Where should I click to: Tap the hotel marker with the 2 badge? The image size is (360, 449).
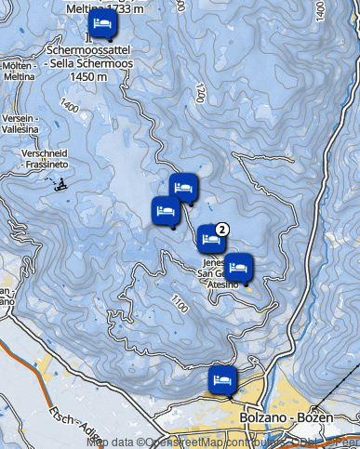click(x=210, y=240)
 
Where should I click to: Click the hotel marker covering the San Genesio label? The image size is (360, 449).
click(x=238, y=268)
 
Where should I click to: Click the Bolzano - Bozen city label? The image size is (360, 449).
click(x=280, y=416)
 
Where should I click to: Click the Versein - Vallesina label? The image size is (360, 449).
click(x=19, y=125)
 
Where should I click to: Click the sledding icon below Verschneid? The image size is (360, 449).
click(x=61, y=182)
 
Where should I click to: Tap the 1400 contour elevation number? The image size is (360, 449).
click(x=68, y=108)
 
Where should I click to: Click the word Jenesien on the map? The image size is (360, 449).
click(x=213, y=263)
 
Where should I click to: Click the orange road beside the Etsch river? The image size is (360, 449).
click(x=28, y=358)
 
